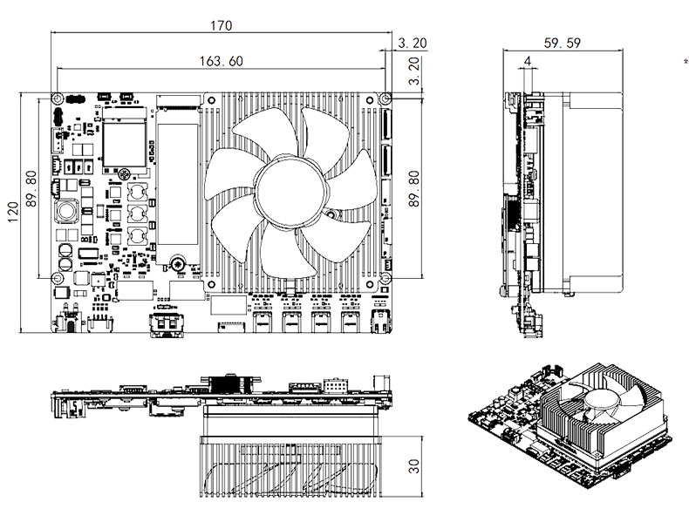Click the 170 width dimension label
(x=221, y=25)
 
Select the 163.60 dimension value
(x=221, y=61)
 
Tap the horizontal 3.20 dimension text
(x=413, y=43)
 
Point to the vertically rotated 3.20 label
(x=414, y=71)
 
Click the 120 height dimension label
(x=14, y=212)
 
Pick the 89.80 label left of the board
(x=31, y=189)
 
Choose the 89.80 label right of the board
(x=414, y=189)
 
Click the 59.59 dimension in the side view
(x=562, y=43)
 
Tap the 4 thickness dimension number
(x=528, y=61)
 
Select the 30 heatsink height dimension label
(x=414, y=466)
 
